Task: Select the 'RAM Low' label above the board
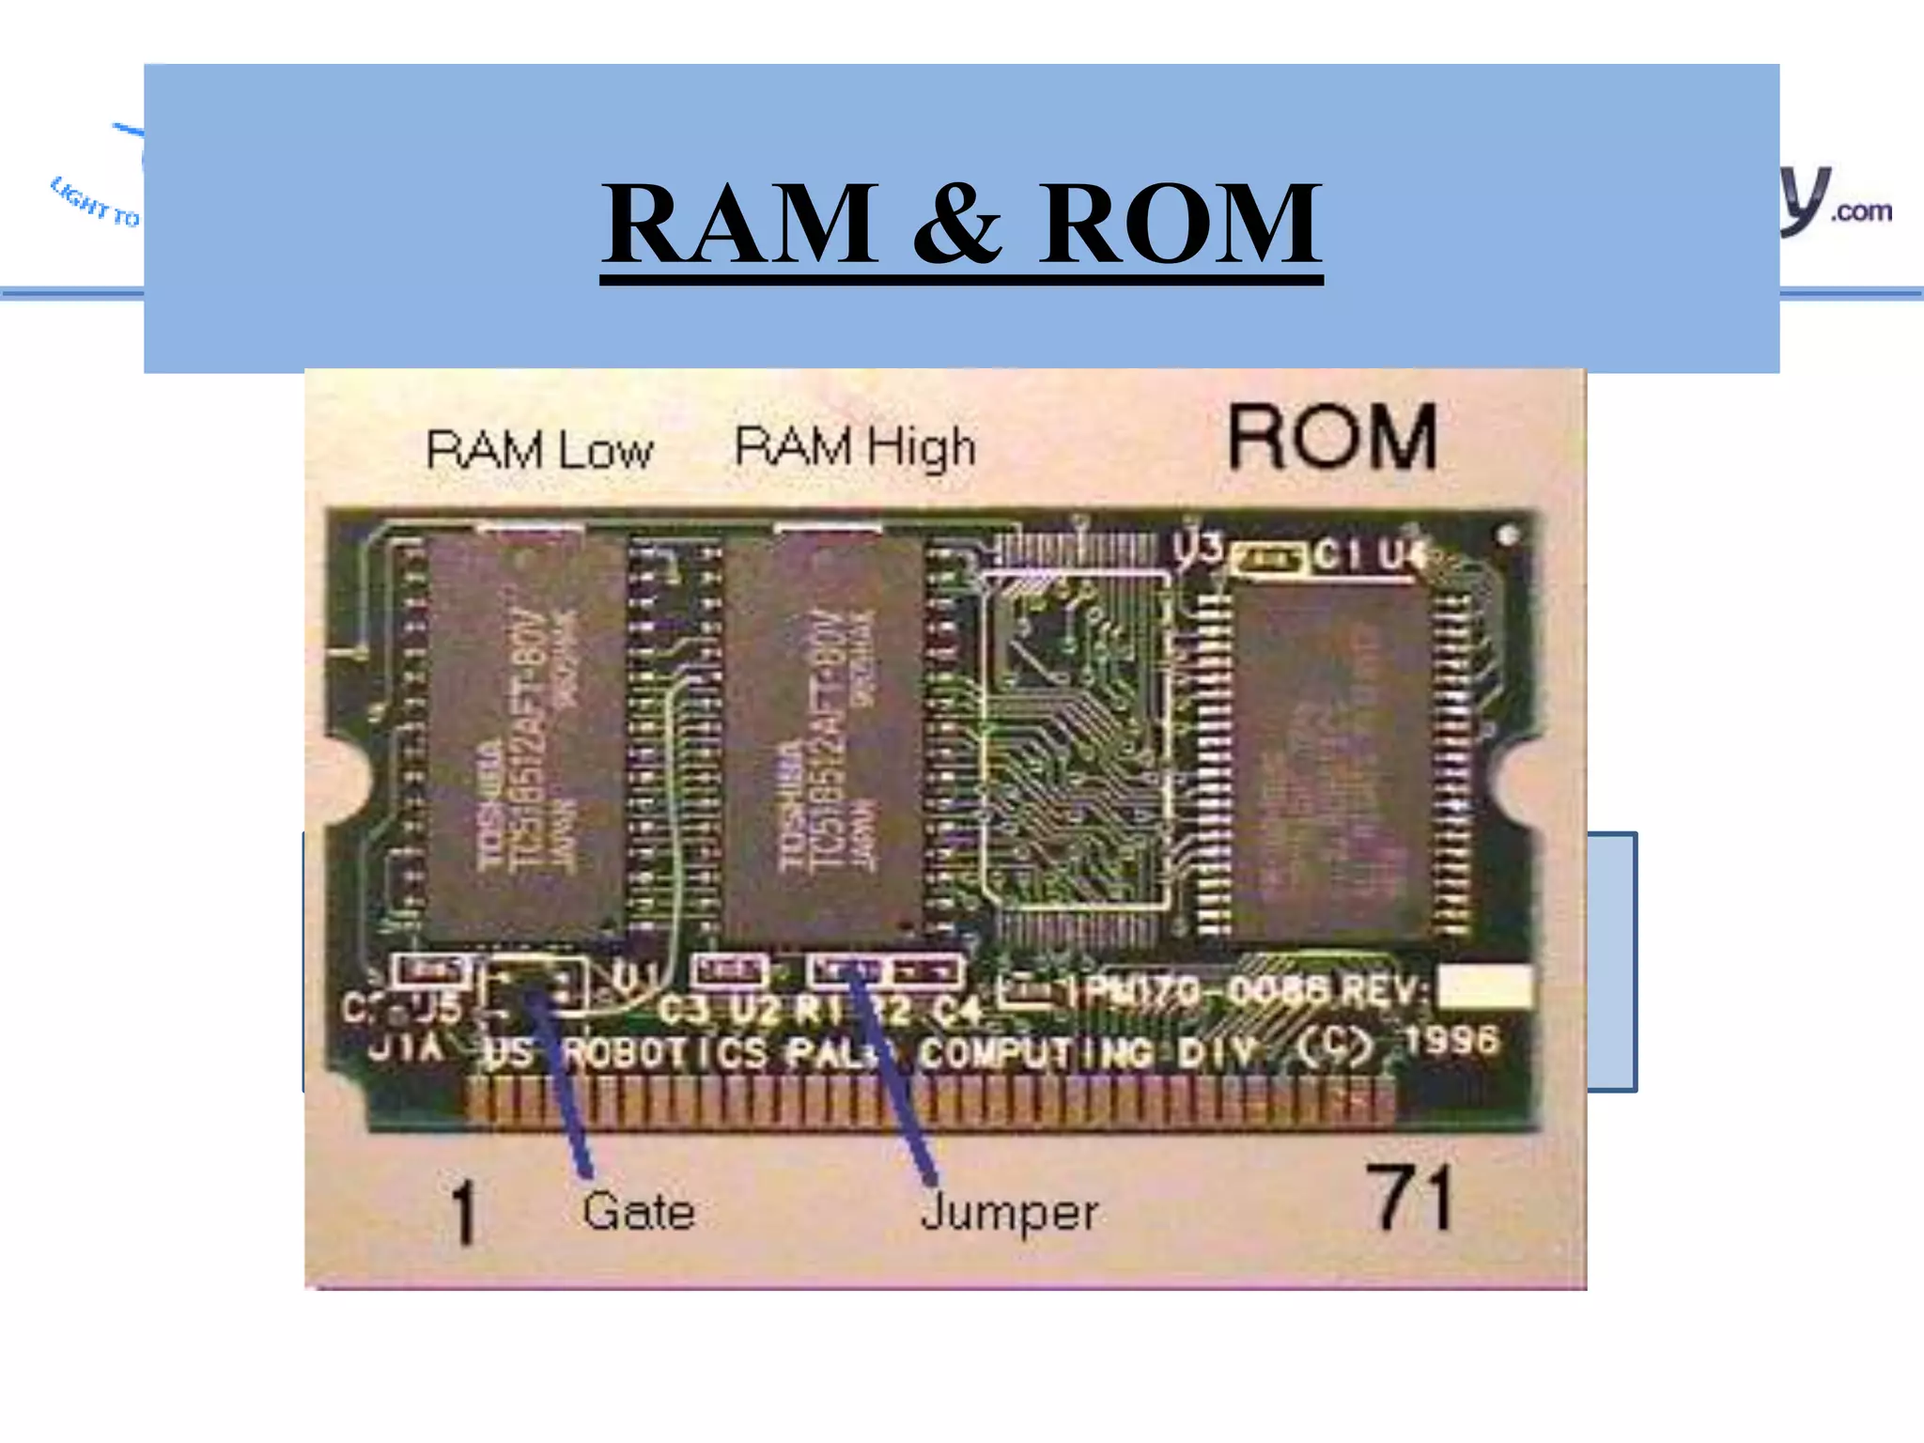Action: pyautogui.click(x=539, y=450)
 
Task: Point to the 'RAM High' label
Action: pyautogui.click(x=855, y=446)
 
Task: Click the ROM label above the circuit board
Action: pyautogui.click(x=1332, y=437)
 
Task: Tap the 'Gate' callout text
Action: pyautogui.click(x=638, y=1210)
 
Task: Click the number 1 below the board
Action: pyautogui.click(x=463, y=1214)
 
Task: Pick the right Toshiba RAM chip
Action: pyautogui.click(x=825, y=737)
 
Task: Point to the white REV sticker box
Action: pyautogui.click(x=1484, y=986)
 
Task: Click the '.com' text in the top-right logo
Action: pyautogui.click(x=1861, y=211)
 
